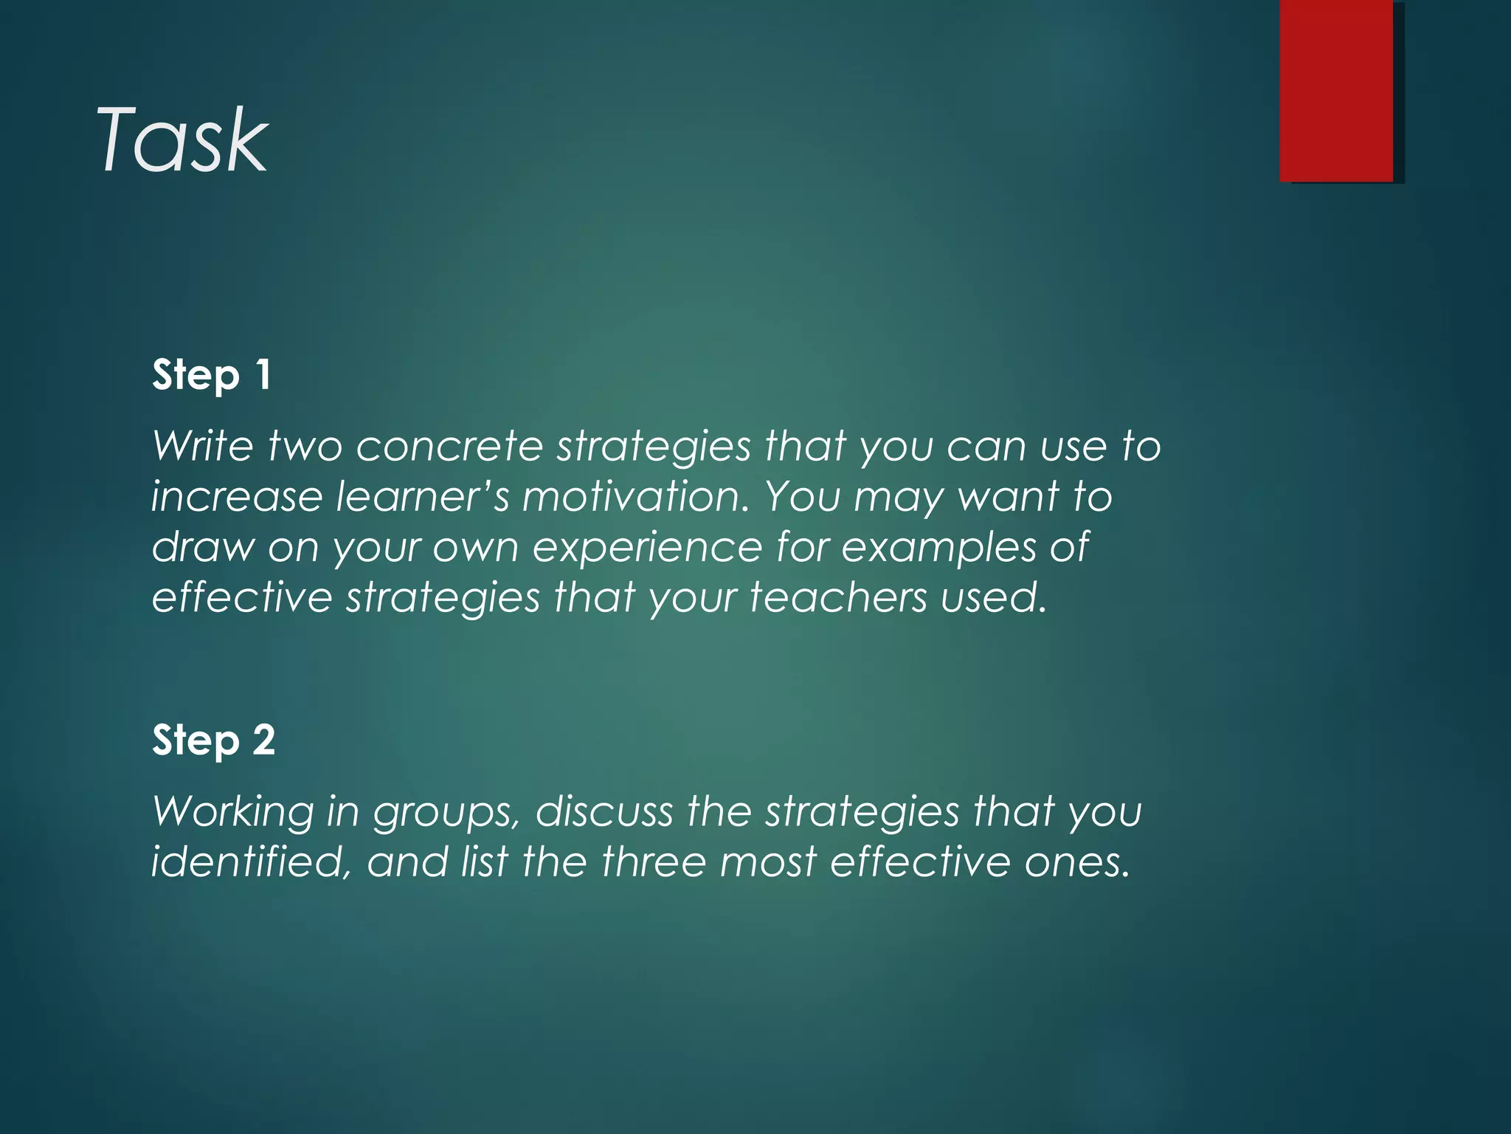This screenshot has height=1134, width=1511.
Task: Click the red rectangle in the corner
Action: (x=1336, y=90)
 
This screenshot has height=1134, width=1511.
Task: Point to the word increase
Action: (x=236, y=496)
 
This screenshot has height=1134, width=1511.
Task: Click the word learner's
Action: (x=422, y=496)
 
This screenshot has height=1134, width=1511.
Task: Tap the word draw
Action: (x=203, y=547)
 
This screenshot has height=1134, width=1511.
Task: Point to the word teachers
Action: (x=838, y=597)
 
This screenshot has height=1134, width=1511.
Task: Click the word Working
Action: (x=233, y=812)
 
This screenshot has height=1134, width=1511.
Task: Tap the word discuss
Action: (x=604, y=811)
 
